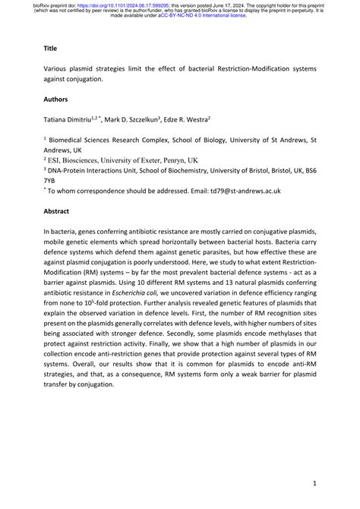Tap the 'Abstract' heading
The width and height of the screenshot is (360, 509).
[x=58, y=213]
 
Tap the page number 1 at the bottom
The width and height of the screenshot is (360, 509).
[x=314, y=483]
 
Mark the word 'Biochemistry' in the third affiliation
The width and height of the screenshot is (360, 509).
[x=184, y=172]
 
